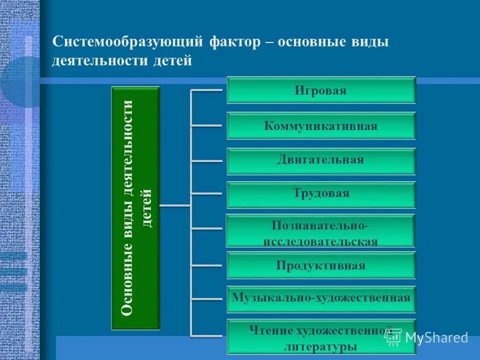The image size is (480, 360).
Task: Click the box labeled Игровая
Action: click(321, 90)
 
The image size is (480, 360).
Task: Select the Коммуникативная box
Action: click(321, 126)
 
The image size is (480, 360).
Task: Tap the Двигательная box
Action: click(321, 160)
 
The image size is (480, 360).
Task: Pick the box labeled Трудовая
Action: click(321, 194)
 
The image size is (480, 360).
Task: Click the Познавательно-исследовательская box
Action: click(320, 230)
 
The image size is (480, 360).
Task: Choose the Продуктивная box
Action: click(321, 265)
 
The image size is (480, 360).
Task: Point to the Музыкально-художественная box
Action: click(321, 298)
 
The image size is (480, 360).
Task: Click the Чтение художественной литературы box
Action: click(321, 336)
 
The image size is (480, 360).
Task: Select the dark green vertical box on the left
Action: click(135, 208)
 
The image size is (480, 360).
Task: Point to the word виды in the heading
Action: click(369, 42)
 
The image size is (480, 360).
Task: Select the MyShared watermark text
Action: click(436, 337)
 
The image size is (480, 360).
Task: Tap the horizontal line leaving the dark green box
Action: click(175, 205)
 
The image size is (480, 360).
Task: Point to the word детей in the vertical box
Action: click(147, 208)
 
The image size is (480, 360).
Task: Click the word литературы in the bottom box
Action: click(320, 346)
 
